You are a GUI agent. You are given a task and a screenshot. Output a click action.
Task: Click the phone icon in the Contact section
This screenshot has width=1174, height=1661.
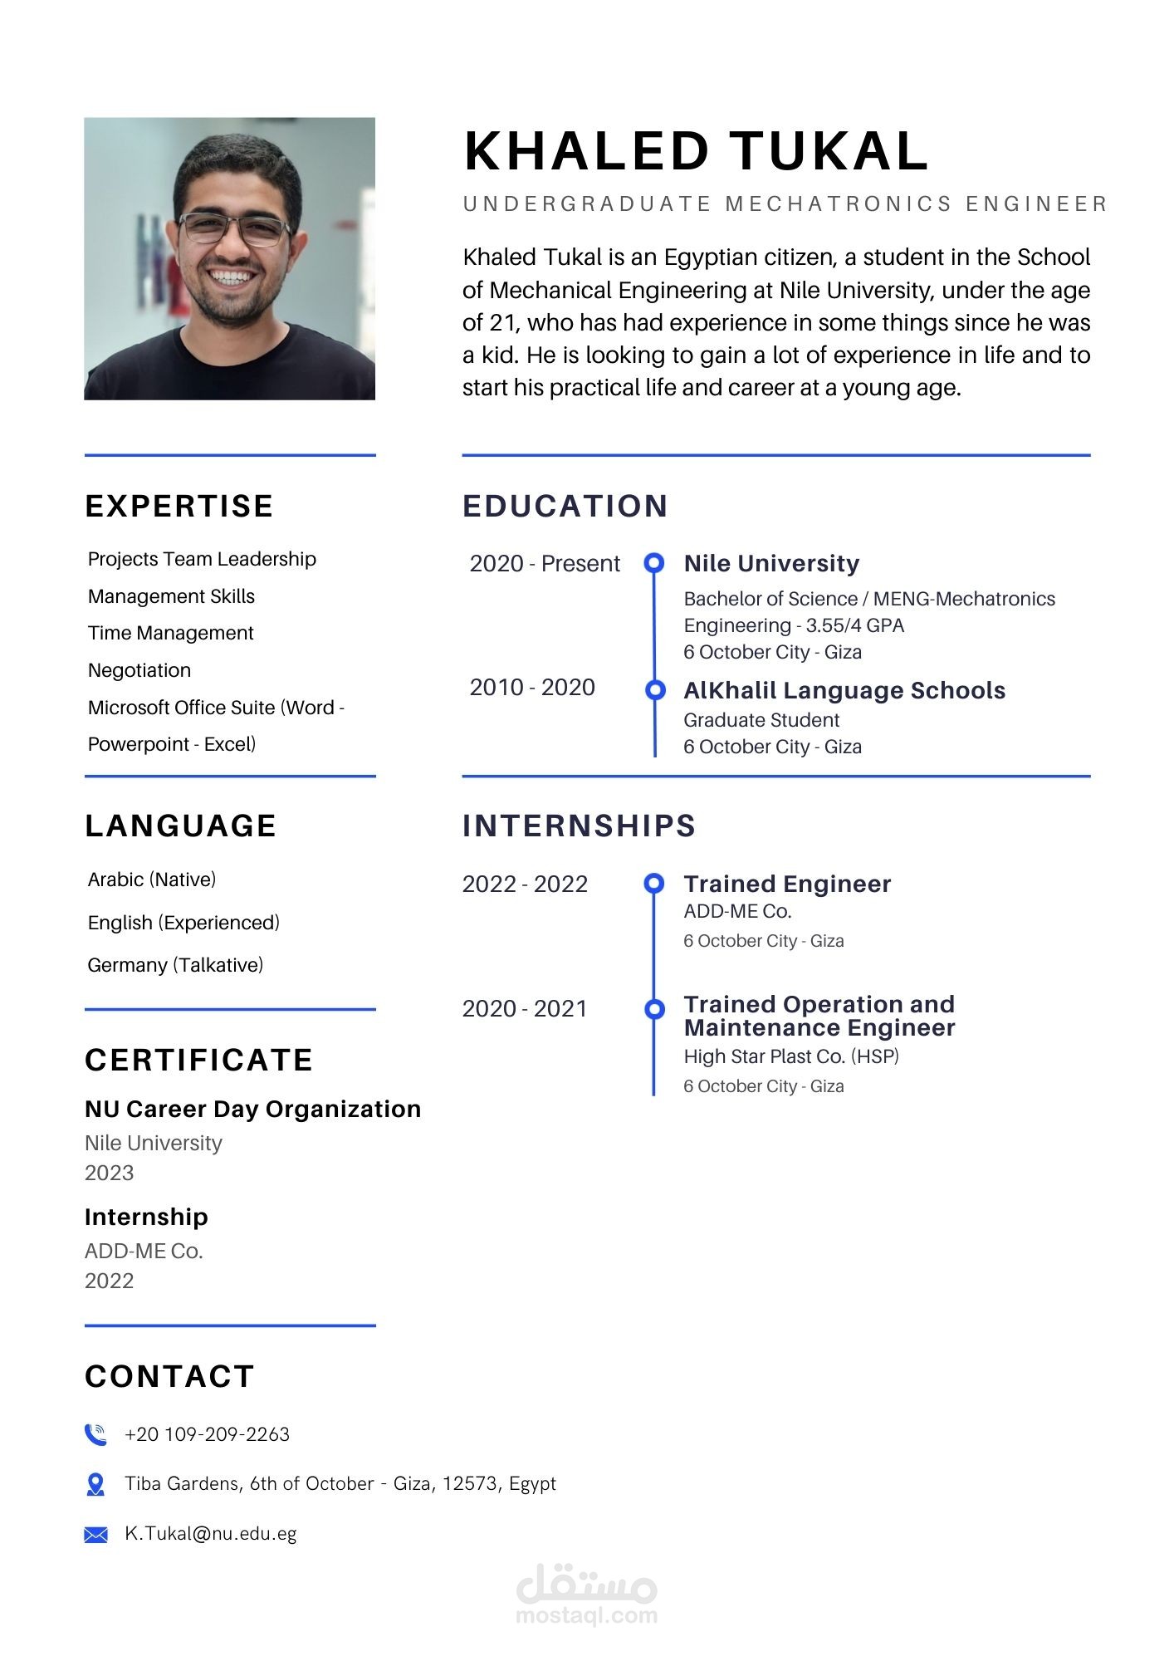(95, 1434)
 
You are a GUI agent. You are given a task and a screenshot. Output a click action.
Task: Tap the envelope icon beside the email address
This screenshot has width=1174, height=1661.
(95, 1534)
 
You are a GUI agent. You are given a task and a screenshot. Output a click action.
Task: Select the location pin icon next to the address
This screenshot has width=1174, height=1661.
(95, 1484)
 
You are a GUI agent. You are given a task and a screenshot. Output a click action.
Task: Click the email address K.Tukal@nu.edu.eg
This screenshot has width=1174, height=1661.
(210, 1533)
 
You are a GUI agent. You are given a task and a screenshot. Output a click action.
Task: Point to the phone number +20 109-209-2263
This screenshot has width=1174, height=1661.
(207, 1434)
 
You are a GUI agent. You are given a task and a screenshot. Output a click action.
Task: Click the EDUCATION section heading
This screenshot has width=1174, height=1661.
(565, 506)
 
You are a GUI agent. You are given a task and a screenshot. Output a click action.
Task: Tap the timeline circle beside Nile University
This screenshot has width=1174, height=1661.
(654, 563)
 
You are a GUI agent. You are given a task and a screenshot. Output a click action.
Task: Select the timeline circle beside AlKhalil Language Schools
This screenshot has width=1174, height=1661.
(655, 689)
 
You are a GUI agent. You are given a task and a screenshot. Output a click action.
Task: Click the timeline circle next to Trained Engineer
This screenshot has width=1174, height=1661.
(654, 883)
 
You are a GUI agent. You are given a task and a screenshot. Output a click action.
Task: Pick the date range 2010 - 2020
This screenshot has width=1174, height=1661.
(532, 688)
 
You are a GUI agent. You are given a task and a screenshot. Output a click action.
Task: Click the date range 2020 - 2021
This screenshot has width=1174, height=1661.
(525, 1008)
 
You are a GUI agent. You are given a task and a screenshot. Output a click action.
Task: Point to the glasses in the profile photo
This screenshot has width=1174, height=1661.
(235, 228)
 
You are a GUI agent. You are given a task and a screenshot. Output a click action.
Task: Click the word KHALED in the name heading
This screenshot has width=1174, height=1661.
(586, 152)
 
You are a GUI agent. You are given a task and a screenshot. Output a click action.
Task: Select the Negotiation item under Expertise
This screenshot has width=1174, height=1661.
(139, 670)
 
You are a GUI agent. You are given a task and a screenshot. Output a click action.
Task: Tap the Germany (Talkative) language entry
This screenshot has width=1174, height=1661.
(175, 965)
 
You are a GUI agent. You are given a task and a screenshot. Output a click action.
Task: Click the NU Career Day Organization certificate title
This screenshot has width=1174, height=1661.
(252, 1109)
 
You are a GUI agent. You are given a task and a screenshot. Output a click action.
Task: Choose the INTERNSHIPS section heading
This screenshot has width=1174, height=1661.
(579, 826)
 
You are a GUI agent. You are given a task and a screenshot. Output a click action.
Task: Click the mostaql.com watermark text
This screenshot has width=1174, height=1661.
(586, 1615)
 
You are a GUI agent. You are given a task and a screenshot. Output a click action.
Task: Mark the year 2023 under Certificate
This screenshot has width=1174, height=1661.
(109, 1173)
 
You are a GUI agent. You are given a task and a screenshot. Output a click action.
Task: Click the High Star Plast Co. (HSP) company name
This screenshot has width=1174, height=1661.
(791, 1056)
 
